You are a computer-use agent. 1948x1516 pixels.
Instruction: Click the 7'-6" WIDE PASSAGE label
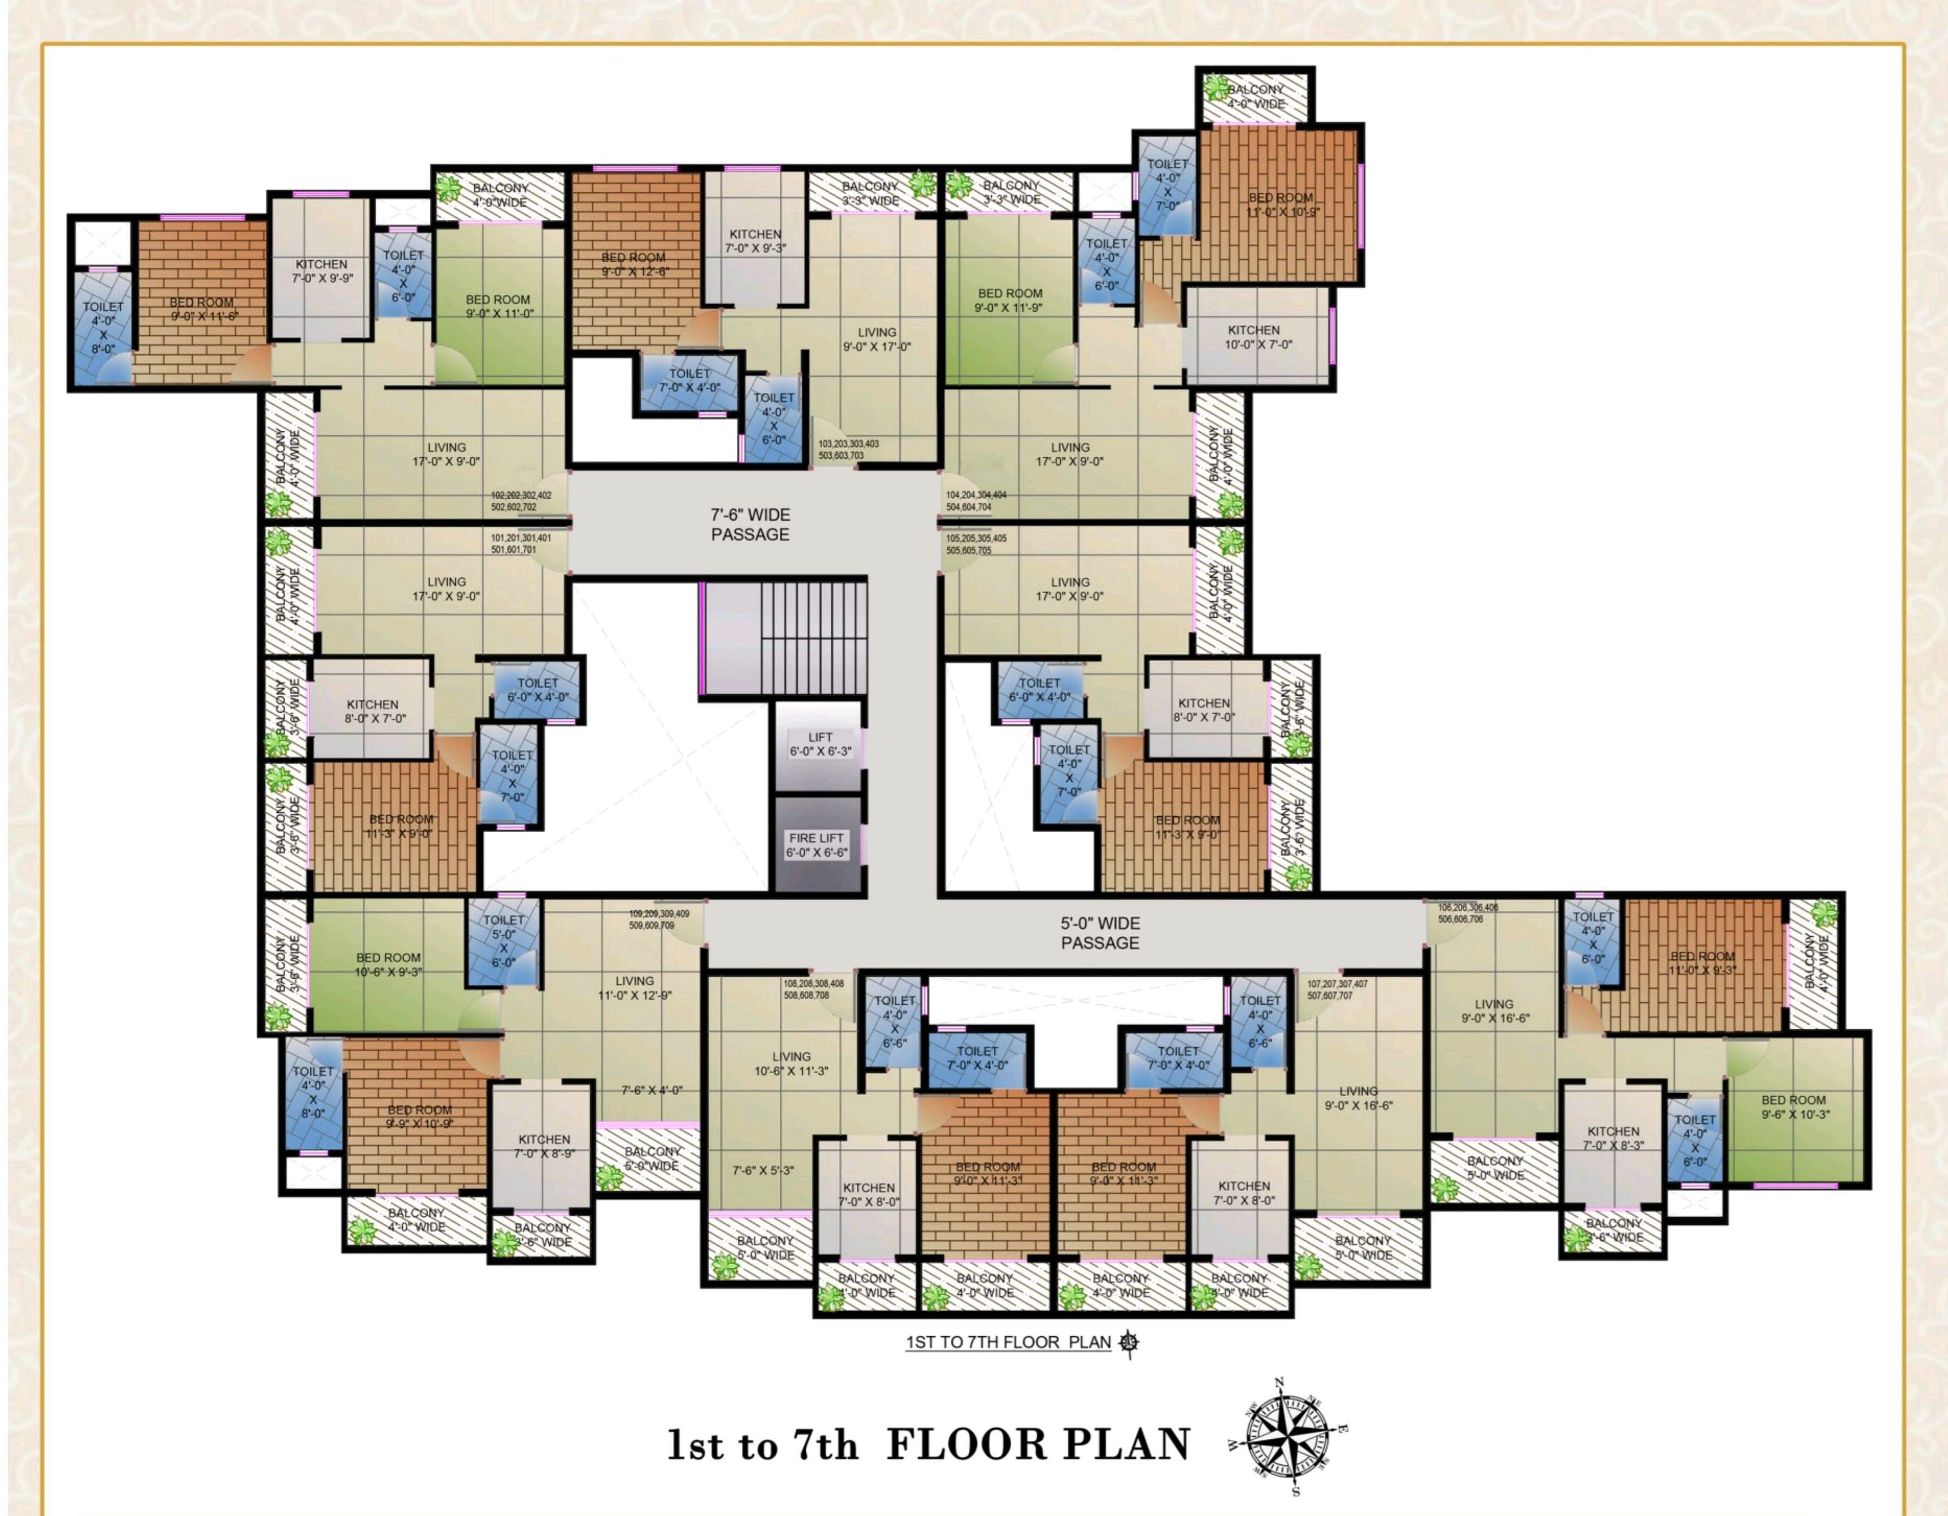coord(749,524)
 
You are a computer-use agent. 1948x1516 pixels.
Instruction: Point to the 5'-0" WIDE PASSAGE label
coord(1100,933)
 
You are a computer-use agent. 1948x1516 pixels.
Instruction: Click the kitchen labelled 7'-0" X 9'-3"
coord(755,241)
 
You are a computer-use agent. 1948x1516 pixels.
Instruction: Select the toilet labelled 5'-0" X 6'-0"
coord(503,941)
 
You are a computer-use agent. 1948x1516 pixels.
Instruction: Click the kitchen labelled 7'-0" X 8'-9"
coord(543,1146)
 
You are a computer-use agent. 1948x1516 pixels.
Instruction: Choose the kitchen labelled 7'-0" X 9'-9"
coord(321,271)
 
